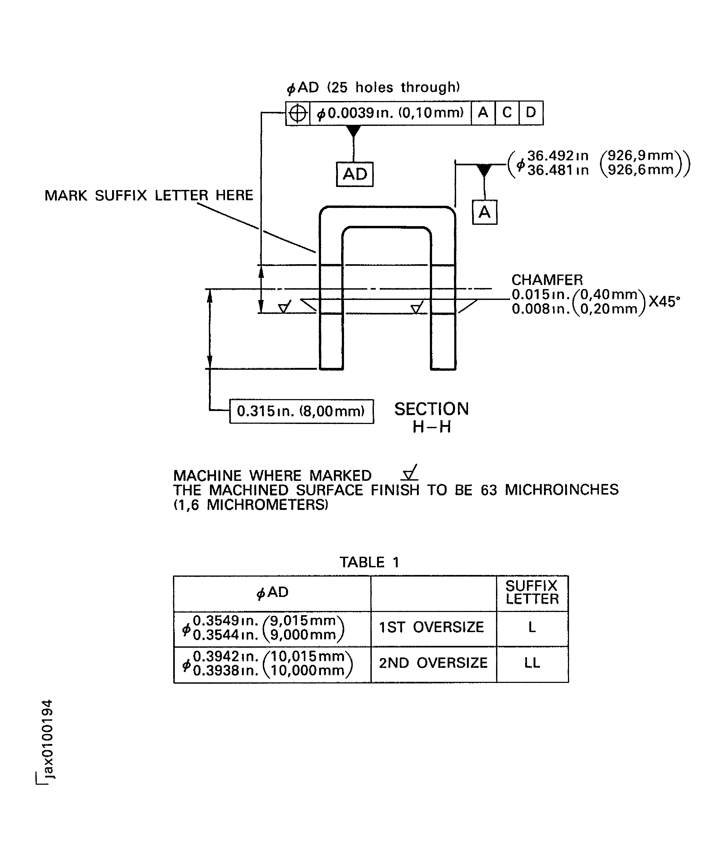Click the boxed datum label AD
click(x=354, y=174)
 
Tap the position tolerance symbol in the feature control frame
click(x=298, y=113)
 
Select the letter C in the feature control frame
click(x=507, y=112)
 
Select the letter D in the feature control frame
click(x=531, y=112)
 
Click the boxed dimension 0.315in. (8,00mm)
click(x=301, y=411)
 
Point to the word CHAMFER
click(x=547, y=280)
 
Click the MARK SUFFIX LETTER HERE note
click(x=148, y=196)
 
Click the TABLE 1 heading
click(x=369, y=562)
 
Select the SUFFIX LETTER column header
click(x=532, y=592)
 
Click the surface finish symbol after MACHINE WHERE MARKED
click(x=410, y=473)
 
